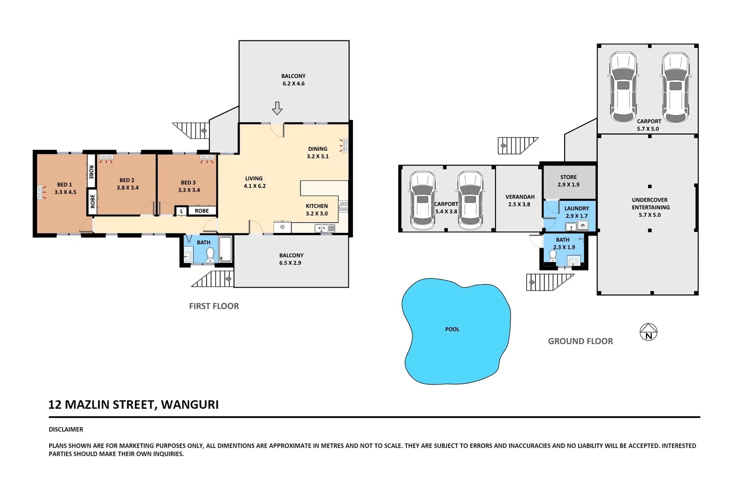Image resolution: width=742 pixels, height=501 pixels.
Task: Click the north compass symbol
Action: coord(648,332)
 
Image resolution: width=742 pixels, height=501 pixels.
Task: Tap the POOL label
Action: coord(452,329)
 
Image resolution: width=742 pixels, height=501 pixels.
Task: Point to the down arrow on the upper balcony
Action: coord(277,108)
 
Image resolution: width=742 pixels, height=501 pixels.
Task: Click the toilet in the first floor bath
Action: coord(210,255)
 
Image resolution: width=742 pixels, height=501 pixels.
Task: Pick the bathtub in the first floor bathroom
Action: coord(225,249)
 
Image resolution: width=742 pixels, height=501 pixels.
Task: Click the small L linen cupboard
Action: coord(182,211)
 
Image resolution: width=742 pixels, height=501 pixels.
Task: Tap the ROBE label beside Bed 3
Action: coord(202,211)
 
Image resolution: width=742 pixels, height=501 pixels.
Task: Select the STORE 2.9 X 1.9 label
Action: coord(568,181)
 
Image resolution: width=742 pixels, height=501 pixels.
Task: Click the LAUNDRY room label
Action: coord(577,208)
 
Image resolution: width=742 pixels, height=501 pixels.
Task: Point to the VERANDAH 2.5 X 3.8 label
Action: coord(520,200)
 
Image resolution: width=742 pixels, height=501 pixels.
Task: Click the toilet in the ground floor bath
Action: coord(553,256)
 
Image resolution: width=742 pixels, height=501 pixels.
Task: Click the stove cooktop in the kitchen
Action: coord(343,207)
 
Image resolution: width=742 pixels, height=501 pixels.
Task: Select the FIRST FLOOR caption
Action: coord(214,306)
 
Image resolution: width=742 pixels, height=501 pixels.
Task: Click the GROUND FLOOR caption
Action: coord(580,341)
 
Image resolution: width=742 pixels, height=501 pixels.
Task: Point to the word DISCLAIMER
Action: coord(66,430)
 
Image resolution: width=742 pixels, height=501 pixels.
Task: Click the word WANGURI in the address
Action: coord(190,405)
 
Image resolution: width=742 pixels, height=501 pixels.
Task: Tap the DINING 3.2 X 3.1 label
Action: coord(318,153)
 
